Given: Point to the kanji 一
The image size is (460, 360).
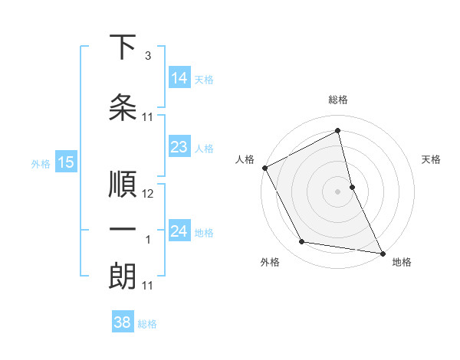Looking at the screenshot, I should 123,231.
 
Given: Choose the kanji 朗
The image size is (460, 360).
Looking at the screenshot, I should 123,277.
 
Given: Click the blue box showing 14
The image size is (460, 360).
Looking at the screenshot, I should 179,78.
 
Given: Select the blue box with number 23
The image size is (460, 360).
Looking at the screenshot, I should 179,147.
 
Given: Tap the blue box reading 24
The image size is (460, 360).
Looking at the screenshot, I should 179,231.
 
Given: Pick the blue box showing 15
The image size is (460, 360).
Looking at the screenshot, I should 66,162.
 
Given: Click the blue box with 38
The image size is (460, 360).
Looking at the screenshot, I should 123,322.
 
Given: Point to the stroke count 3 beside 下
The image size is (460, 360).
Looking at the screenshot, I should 147,56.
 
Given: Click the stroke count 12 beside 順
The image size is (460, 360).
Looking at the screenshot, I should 148,194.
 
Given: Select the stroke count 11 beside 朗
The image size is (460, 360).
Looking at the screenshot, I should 148,286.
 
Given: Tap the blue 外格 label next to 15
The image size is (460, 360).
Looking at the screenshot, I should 41,163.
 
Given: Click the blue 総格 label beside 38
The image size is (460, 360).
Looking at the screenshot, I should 147,324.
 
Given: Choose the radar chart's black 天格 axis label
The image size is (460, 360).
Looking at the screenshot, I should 432,159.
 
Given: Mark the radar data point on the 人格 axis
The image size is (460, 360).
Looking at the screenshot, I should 264,168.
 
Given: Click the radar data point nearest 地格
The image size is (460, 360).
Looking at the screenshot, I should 381,252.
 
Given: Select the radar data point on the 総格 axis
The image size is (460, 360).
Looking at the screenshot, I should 337,131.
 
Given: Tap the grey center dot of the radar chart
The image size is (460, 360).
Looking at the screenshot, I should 337,191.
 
